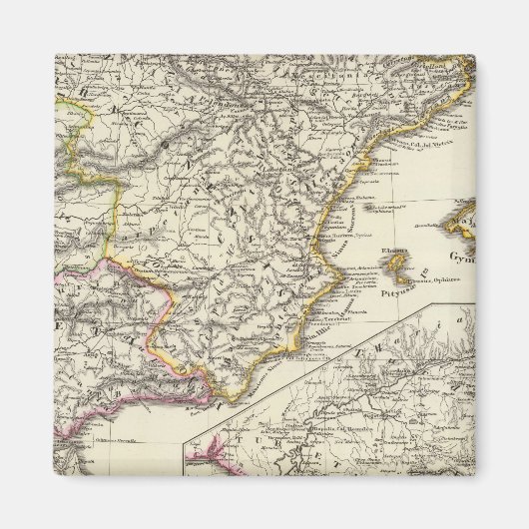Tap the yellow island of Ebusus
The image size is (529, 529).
[x=399, y=264]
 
